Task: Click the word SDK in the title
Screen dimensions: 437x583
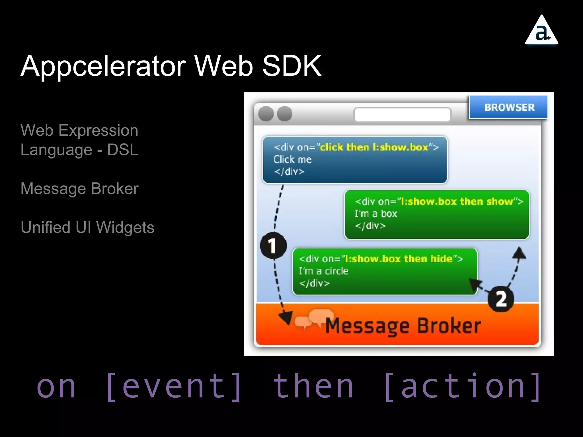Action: click(292, 66)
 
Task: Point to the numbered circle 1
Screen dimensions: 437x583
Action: click(273, 246)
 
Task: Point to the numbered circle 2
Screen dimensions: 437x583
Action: click(501, 299)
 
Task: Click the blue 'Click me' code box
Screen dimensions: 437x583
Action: click(355, 160)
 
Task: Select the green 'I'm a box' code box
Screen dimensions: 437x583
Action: click(437, 214)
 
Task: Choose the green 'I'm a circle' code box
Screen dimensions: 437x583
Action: click(385, 271)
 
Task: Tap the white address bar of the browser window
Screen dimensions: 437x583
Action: click(402, 114)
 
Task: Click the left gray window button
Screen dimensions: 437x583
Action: click(266, 114)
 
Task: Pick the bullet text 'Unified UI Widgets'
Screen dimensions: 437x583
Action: click(87, 227)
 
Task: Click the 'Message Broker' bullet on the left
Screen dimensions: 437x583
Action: click(79, 189)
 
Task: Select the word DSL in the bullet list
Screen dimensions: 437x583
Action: click(123, 150)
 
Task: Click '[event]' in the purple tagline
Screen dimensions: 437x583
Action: click(174, 386)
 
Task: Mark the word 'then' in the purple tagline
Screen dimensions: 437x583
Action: click(313, 386)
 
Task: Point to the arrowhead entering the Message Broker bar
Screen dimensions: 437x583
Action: click(286, 317)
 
